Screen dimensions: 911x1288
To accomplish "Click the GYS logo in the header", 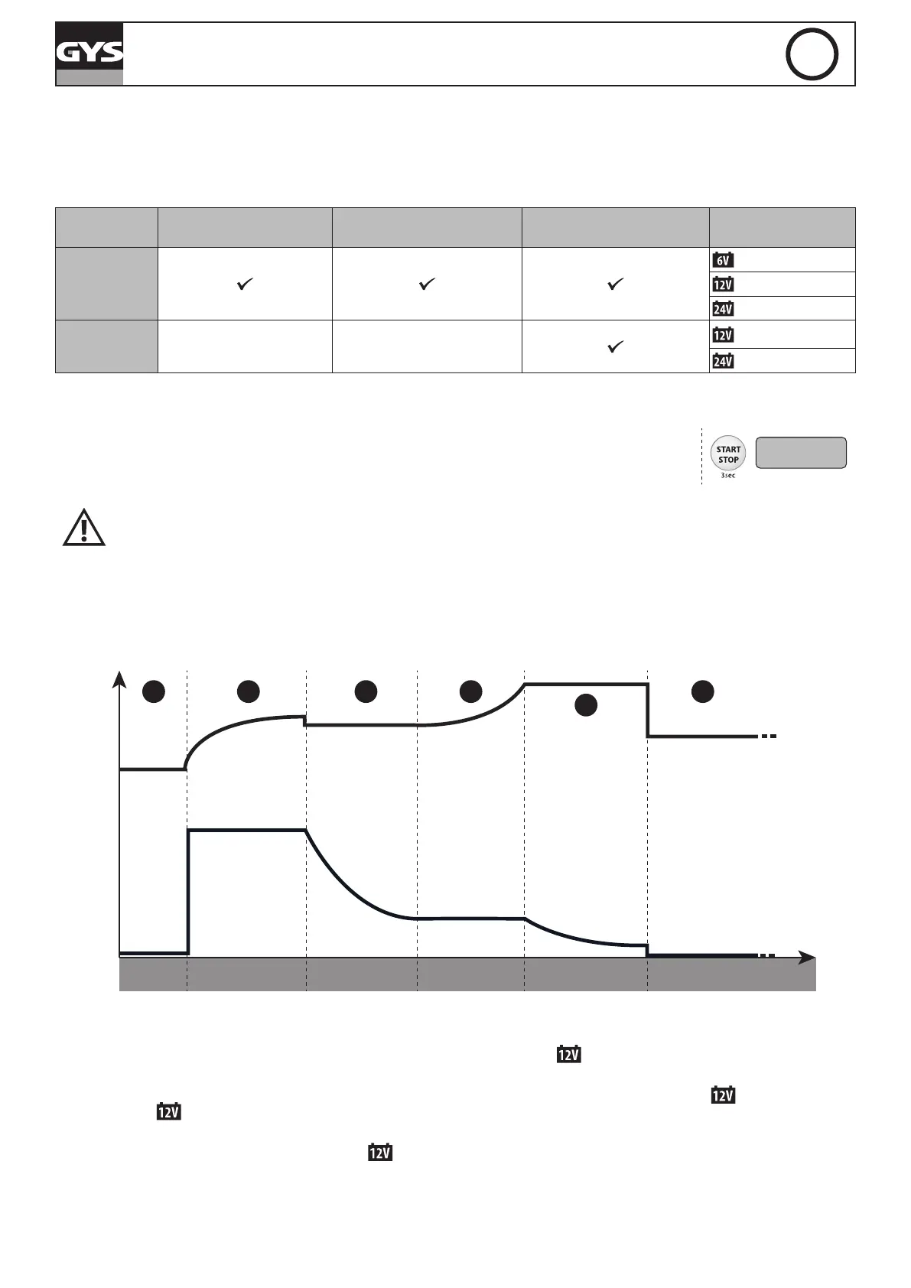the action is (89, 52).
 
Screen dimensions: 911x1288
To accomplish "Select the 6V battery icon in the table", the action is (722, 260).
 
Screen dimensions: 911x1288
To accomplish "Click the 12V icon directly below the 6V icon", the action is (722, 285).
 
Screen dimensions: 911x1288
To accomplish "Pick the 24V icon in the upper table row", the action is (722, 309).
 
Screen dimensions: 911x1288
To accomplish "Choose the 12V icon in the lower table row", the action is (722, 335).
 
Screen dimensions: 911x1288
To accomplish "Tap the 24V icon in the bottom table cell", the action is (722, 361).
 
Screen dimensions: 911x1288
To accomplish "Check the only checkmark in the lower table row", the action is (615, 347).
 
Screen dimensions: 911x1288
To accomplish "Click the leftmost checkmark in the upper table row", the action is (245, 285).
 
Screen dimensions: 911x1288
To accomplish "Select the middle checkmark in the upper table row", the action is (427, 285).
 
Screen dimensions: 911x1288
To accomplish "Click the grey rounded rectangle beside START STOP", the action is (801, 453).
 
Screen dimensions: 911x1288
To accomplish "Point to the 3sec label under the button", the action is (727, 476).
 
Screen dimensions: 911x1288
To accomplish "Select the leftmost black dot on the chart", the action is (154, 691).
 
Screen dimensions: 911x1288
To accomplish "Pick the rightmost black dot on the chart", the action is (702, 691).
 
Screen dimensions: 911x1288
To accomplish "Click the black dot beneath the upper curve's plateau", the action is (586, 705).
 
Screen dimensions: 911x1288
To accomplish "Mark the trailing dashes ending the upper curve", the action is (768, 737).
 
